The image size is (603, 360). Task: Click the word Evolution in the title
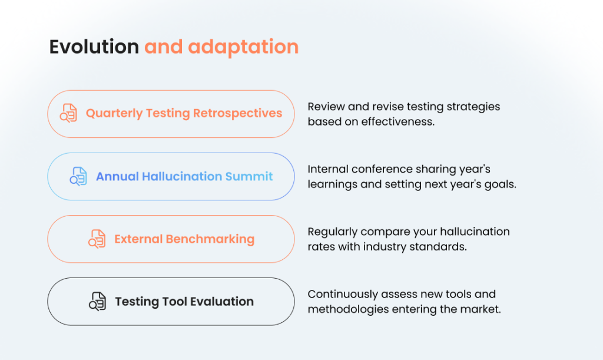tap(94, 47)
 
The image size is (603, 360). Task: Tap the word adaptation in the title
tap(243, 48)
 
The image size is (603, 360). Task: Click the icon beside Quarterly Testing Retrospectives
tap(68, 113)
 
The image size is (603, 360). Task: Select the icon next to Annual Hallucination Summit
tap(78, 176)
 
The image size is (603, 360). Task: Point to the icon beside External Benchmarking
tap(97, 239)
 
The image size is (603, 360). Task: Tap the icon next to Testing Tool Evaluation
tap(98, 301)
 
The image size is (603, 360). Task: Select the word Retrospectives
tap(238, 114)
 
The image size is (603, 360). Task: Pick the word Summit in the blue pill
tap(249, 176)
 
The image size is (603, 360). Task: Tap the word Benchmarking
tap(210, 239)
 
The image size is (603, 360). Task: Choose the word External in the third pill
tap(138, 239)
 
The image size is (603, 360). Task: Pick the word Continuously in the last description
tap(343, 294)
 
